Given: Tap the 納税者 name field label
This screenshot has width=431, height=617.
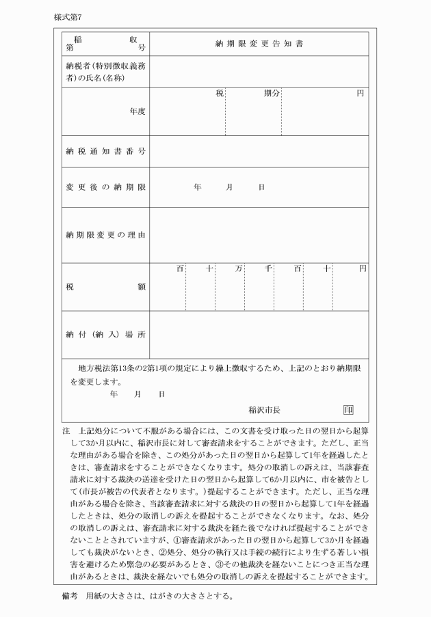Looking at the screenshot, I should pos(104,72).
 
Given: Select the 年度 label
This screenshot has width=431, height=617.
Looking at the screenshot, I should pos(137,111).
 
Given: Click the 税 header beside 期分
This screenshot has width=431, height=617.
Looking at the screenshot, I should pos(220,94).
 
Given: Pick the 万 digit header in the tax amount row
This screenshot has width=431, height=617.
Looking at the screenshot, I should pos(238,269).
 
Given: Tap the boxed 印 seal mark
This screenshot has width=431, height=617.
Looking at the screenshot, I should pos(349,410).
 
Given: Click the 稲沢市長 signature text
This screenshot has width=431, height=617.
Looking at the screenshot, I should pos(265,410).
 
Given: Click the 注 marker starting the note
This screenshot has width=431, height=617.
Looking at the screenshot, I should pos(66,433).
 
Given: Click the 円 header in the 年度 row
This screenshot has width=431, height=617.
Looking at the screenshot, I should pos(359,94).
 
